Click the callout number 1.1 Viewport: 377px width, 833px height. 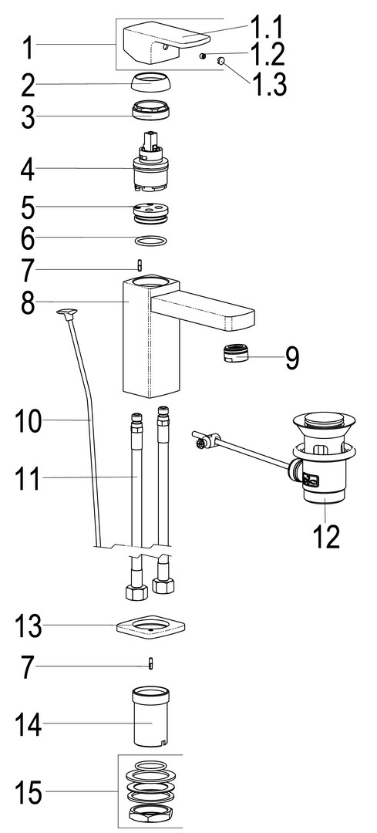(x=267, y=28)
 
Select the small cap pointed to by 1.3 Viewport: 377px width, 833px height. (x=220, y=62)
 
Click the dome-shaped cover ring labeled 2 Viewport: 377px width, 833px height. (x=151, y=83)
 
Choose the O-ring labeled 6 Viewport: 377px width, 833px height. (x=151, y=241)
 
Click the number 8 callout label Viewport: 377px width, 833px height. (x=29, y=302)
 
